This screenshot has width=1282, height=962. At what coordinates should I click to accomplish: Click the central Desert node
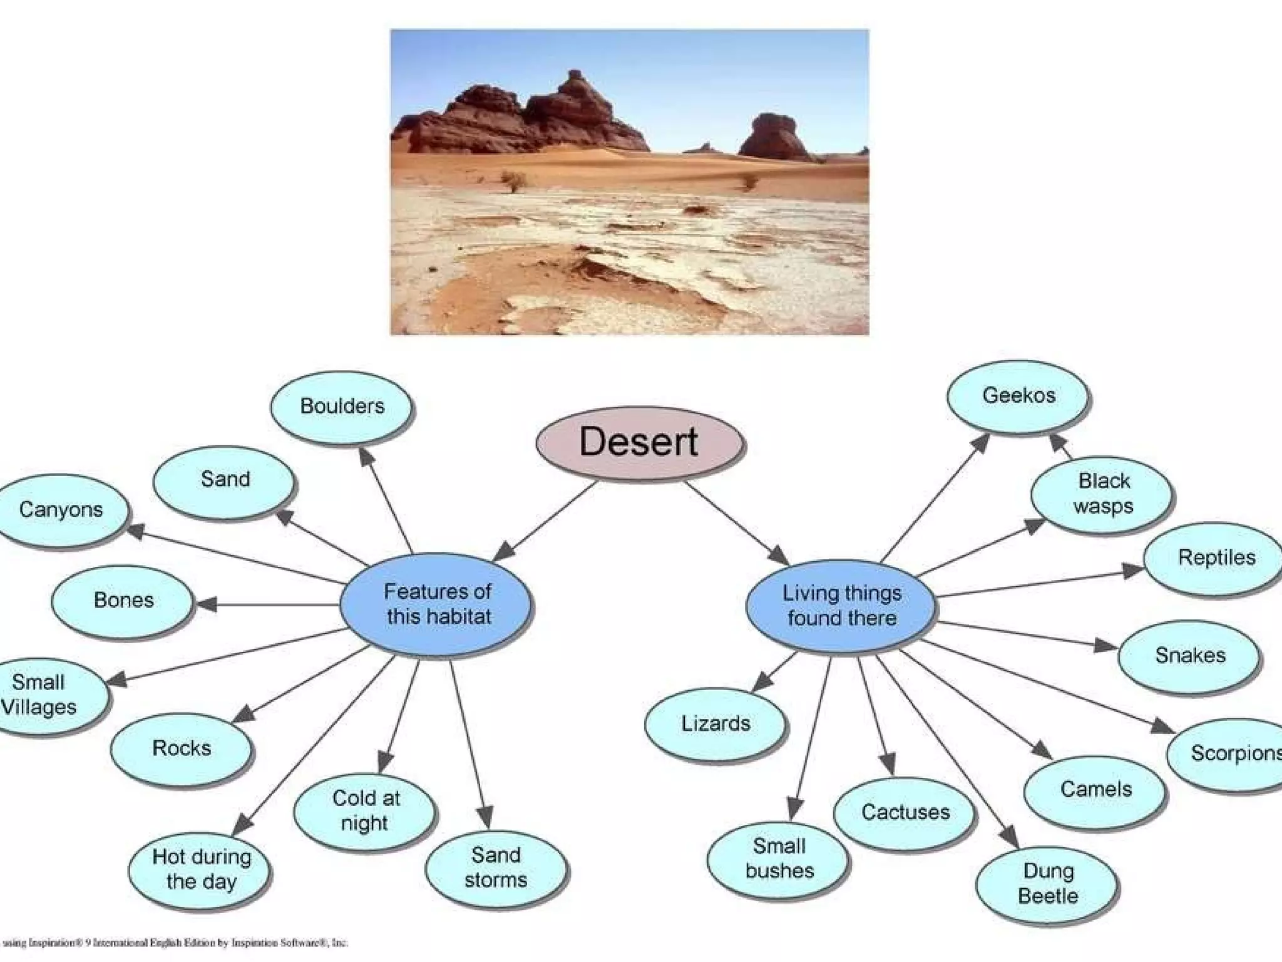639,442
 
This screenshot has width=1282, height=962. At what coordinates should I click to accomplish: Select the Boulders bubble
342,406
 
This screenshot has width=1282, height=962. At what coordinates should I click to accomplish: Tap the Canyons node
61,510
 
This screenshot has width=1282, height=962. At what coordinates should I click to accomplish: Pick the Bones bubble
123,601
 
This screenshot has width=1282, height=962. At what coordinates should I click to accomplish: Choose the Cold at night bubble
366,810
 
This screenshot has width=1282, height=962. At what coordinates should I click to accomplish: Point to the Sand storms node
496,867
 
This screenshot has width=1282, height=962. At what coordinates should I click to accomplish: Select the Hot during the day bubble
201,869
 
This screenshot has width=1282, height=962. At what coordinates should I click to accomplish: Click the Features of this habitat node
438,604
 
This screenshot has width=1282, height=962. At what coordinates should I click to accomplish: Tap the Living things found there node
842,606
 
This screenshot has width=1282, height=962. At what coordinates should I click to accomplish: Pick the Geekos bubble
1018,396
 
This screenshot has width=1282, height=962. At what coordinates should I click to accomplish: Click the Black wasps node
1103,494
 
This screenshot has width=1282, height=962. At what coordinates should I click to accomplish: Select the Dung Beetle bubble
1048,884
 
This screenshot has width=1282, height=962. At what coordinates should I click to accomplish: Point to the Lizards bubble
715,724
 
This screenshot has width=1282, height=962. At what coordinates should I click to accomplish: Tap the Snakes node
1189,656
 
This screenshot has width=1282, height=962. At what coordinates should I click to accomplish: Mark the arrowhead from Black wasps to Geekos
1058,442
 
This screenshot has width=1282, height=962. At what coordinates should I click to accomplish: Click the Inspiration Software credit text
175,943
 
